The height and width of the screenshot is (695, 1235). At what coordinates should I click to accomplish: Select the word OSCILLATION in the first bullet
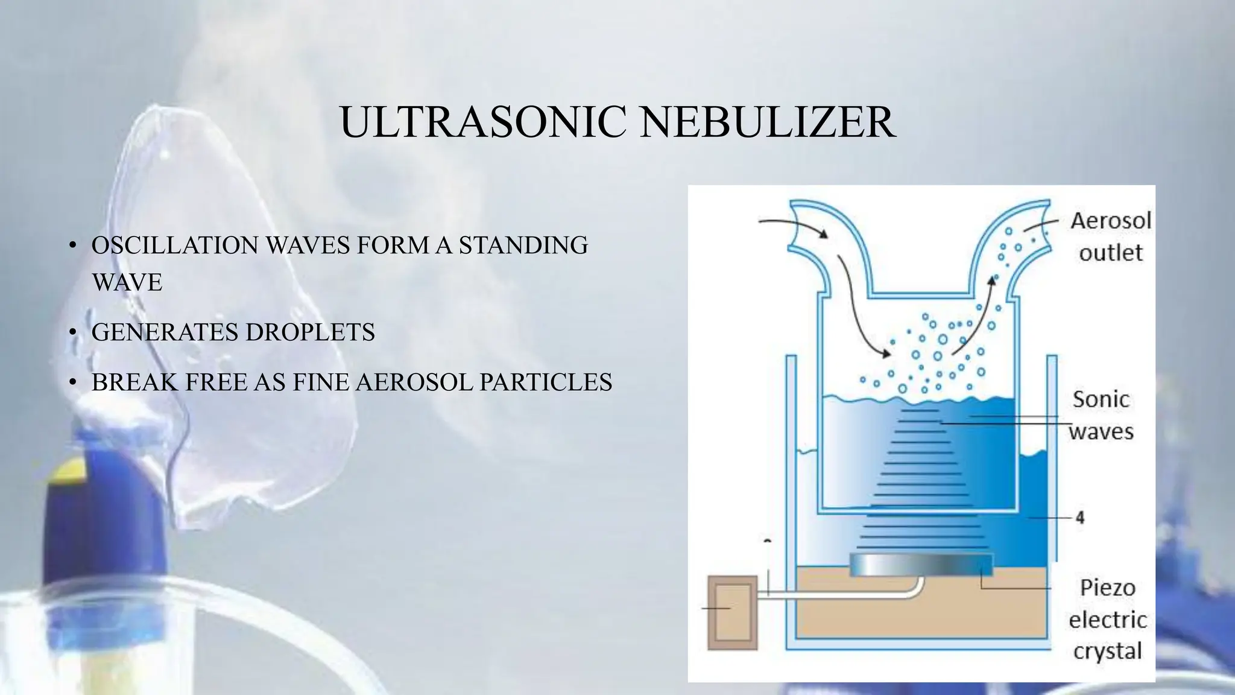(x=175, y=246)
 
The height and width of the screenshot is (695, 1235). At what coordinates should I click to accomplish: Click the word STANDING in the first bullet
(x=523, y=246)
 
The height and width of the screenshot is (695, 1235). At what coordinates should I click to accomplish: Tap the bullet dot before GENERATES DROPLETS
(x=72, y=332)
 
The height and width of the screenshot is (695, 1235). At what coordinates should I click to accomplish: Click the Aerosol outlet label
(x=1110, y=236)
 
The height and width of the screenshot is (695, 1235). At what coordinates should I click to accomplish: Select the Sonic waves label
(x=1101, y=415)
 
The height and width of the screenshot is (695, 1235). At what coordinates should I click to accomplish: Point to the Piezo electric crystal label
(x=1107, y=619)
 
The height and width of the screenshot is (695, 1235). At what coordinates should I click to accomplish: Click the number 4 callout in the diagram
(x=1079, y=518)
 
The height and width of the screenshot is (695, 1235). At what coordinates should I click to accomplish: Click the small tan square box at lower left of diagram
(x=732, y=612)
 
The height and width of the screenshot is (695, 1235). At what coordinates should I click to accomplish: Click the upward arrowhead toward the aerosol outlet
(x=991, y=281)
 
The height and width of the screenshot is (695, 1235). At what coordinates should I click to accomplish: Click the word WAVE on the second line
(x=127, y=282)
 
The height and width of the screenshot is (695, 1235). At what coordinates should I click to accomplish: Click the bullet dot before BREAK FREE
(x=72, y=382)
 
